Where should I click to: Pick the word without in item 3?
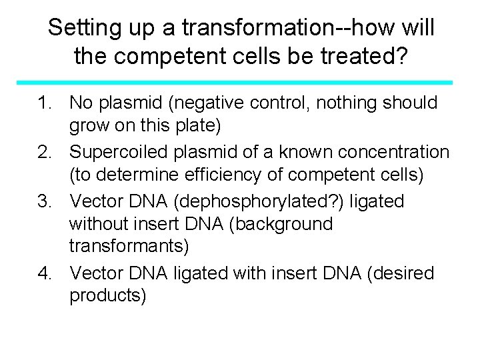tap(103, 225)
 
